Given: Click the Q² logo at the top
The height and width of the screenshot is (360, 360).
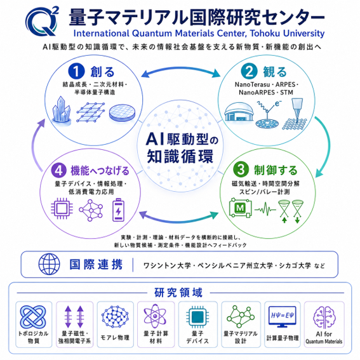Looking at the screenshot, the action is [42, 21].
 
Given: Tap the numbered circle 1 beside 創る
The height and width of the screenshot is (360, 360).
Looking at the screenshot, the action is [76, 71].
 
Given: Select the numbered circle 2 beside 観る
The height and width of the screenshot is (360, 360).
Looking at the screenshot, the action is [249, 71].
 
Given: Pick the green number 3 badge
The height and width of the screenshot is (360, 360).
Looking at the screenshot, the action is [241, 170].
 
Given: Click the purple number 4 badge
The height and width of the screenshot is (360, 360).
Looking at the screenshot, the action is [59, 171].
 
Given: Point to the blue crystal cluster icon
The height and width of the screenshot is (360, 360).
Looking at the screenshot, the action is [61, 110].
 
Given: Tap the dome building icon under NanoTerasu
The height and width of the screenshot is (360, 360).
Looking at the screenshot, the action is [239, 112].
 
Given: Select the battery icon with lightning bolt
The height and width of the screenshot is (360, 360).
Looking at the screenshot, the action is [118, 210].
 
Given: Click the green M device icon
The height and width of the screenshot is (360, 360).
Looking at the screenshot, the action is [240, 208].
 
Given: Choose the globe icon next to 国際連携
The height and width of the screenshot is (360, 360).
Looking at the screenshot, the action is [49, 264].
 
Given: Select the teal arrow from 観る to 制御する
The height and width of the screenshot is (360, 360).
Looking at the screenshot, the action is [328, 147].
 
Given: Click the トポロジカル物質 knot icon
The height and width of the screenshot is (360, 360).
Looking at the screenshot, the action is [33, 317].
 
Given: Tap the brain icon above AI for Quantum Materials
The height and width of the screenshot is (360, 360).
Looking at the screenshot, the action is [324, 317].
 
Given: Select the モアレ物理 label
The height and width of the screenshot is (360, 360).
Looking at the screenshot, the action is [115, 337].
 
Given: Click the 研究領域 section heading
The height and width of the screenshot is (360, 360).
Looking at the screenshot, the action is [178, 293].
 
